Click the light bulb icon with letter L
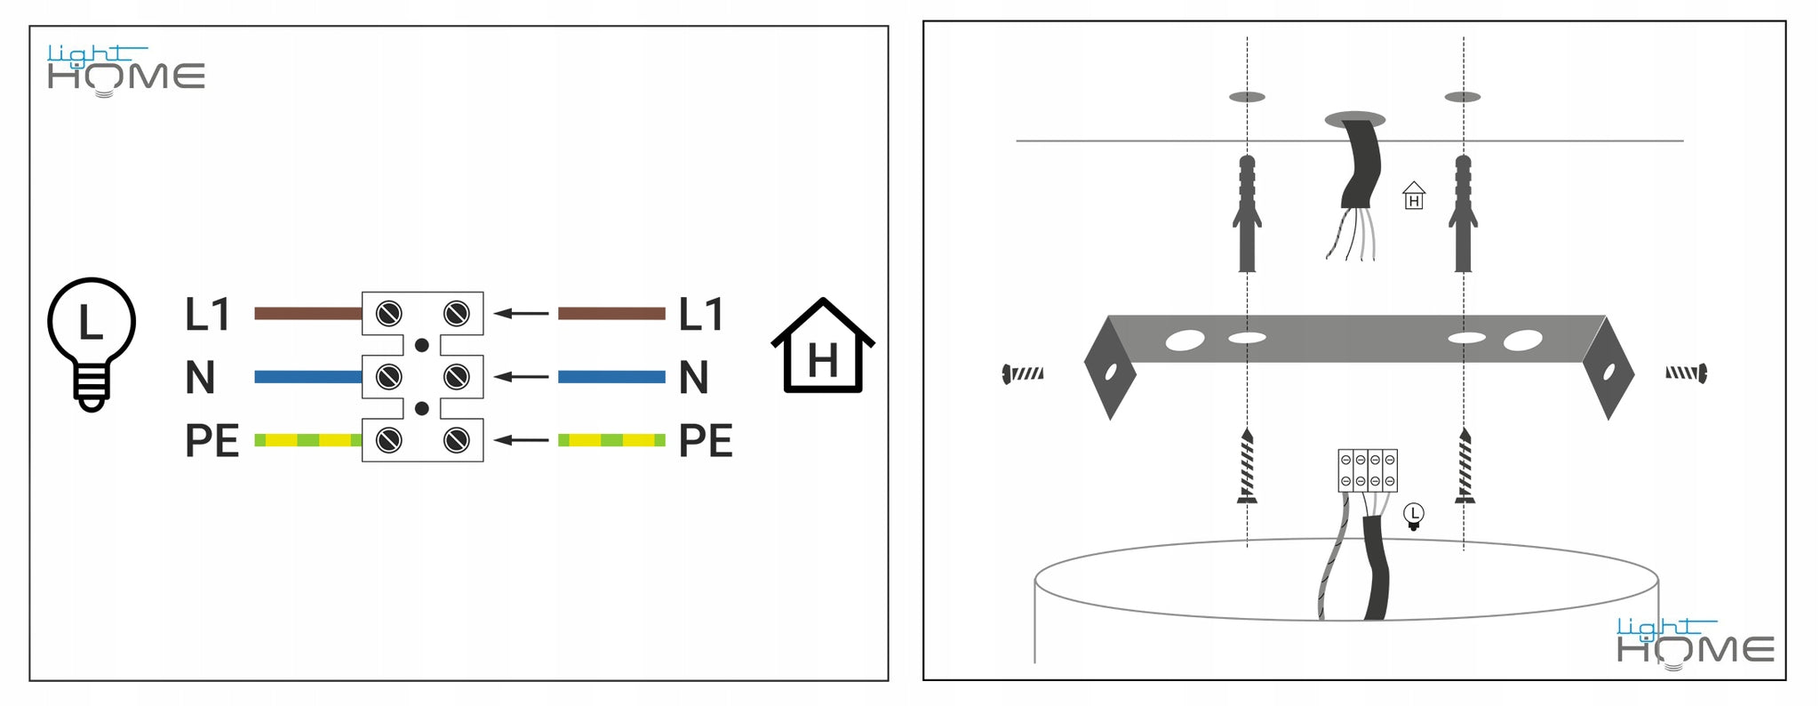[91, 342]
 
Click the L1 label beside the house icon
[701, 315]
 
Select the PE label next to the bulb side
[212, 441]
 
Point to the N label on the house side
[693, 378]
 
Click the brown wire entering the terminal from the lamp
[307, 313]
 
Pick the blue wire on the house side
[611, 377]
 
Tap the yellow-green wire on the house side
[611, 440]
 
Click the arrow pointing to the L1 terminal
[521, 313]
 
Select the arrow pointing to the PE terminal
[521, 440]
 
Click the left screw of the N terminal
[388, 377]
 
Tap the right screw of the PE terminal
[456, 440]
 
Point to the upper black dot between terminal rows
[422, 345]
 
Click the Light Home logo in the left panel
[125, 70]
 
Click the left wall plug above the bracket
[1247, 213]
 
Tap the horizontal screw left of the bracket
[1023, 373]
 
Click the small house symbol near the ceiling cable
[1413, 196]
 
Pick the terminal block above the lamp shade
[1367, 470]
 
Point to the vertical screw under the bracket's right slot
[1465, 465]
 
